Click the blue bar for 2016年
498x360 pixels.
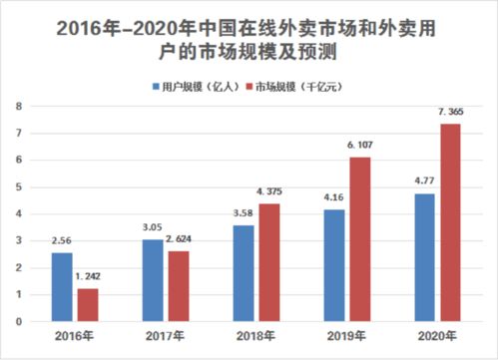tap(62, 287)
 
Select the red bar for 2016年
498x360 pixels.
tap(86, 304)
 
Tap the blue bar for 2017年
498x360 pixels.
tap(153, 280)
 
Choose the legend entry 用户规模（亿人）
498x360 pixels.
tap(196, 86)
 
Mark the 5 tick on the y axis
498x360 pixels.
tap(18, 186)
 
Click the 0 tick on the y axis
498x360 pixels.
tap(18, 321)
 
